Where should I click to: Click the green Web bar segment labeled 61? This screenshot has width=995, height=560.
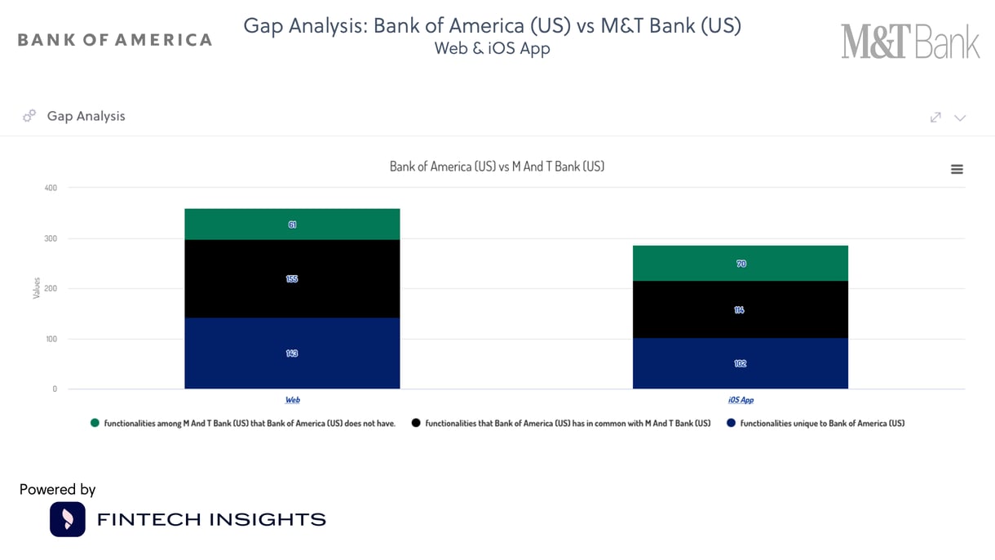tap(292, 224)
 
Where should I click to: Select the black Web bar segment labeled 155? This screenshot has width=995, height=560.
tap(292, 278)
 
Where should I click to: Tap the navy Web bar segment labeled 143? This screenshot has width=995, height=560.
tap(292, 353)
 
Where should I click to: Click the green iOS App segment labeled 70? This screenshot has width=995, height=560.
tap(741, 264)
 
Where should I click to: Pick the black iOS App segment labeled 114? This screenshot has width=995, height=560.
tap(741, 310)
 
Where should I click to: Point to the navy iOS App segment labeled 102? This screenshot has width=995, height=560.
tap(741, 363)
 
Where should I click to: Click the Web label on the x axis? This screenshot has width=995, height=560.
tap(292, 400)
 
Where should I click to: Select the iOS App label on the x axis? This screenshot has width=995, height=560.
tap(741, 400)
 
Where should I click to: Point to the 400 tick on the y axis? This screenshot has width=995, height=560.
tap(51, 188)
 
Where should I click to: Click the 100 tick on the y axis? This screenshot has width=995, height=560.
tap(51, 339)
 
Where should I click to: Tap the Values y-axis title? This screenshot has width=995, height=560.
tap(37, 288)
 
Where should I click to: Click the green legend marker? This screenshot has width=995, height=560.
tap(95, 423)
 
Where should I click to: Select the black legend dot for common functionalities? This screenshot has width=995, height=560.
tap(416, 423)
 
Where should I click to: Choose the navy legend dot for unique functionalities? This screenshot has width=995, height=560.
tap(731, 423)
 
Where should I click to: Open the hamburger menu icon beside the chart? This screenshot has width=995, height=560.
tap(957, 169)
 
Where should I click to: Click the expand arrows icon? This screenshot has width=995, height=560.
tap(935, 118)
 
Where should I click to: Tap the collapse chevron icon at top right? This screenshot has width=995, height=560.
tap(960, 118)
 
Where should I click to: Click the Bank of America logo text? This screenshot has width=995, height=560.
tap(115, 40)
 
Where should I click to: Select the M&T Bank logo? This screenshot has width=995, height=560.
tap(910, 42)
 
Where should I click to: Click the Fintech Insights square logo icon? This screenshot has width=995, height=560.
tap(68, 519)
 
